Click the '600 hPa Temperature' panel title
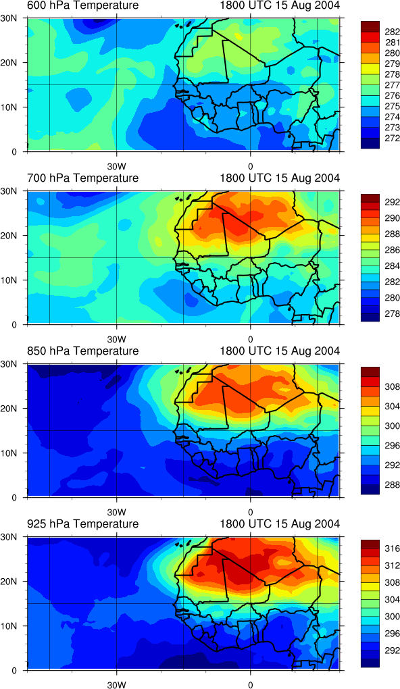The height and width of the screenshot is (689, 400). [82, 5]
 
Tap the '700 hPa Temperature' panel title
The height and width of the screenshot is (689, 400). [82, 178]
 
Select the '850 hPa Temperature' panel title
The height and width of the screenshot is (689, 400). [82, 351]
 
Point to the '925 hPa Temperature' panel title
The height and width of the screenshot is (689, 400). [82, 524]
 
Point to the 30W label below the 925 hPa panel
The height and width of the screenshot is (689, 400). [116, 684]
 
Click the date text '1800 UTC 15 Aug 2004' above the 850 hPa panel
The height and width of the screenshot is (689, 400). [279, 351]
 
